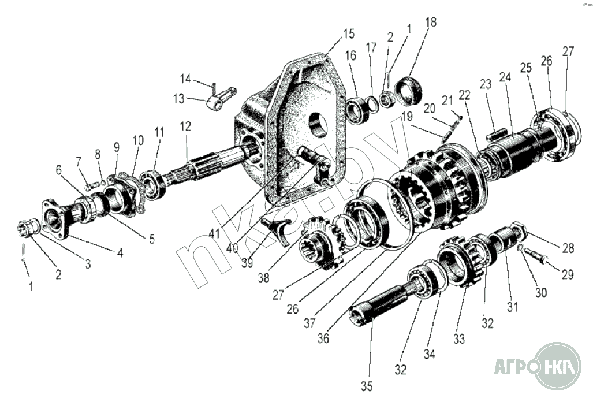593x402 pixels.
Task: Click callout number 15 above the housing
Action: [x=349, y=33]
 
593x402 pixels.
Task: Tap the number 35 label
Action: [x=367, y=386]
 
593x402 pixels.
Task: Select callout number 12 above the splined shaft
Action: [x=185, y=126]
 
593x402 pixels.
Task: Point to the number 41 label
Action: [x=214, y=233]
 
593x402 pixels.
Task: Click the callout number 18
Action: [x=431, y=22]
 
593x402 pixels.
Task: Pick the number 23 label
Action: [x=486, y=84]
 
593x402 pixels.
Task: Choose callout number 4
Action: [x=120, y=252]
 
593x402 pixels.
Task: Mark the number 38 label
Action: [x=264, y=278]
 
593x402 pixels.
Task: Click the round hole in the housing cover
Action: [x=317, y=125]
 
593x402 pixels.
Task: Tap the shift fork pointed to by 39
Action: [x=278, y=229]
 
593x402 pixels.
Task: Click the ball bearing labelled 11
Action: [x=152, y=185]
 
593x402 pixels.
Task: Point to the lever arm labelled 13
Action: [x=221, y=99]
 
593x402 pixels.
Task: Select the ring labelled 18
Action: [x=408, y=91]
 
